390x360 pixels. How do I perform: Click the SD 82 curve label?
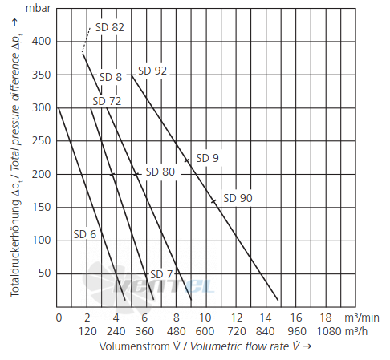pyautogui.click(x=110, y=27)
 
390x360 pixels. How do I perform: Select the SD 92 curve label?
pyautogui.click(x=152, y=71)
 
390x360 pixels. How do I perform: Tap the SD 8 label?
pyautogui.click(x=111, y=77)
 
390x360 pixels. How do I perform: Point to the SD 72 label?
pyautogui.click(x=107, y=101)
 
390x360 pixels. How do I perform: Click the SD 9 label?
pyautogui.click(x=207, y=158)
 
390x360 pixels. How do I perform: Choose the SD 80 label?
pyautogui.click(x=160, y=172)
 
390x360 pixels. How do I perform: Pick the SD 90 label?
pyautogui.click(x=238, y=198)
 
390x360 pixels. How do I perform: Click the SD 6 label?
pyautogui.click(x=85, y=234)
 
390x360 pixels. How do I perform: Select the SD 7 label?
pyautogui.click(x=161, y=274)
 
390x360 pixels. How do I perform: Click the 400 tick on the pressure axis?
pyautogui.click(x=41, y=42)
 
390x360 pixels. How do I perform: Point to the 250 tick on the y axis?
pyautogui.click(x=41, y=141)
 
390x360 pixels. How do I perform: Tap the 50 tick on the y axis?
pyautogui.click(x=44, y=273)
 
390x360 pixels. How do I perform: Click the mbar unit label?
pyautogui.click(x=38, y=8)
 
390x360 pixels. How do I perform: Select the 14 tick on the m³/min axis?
pyautogui.click(x=266, y=318)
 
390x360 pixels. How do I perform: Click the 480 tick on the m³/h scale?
pyautogui.click(x=176, y=331)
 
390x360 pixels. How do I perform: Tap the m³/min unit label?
pyautogui.click(x=362, y=318)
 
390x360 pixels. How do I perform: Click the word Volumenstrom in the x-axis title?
pyautogui.click(x=135, y=346)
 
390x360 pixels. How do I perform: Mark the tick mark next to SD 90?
pyautogui.click(x=213, y=201)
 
